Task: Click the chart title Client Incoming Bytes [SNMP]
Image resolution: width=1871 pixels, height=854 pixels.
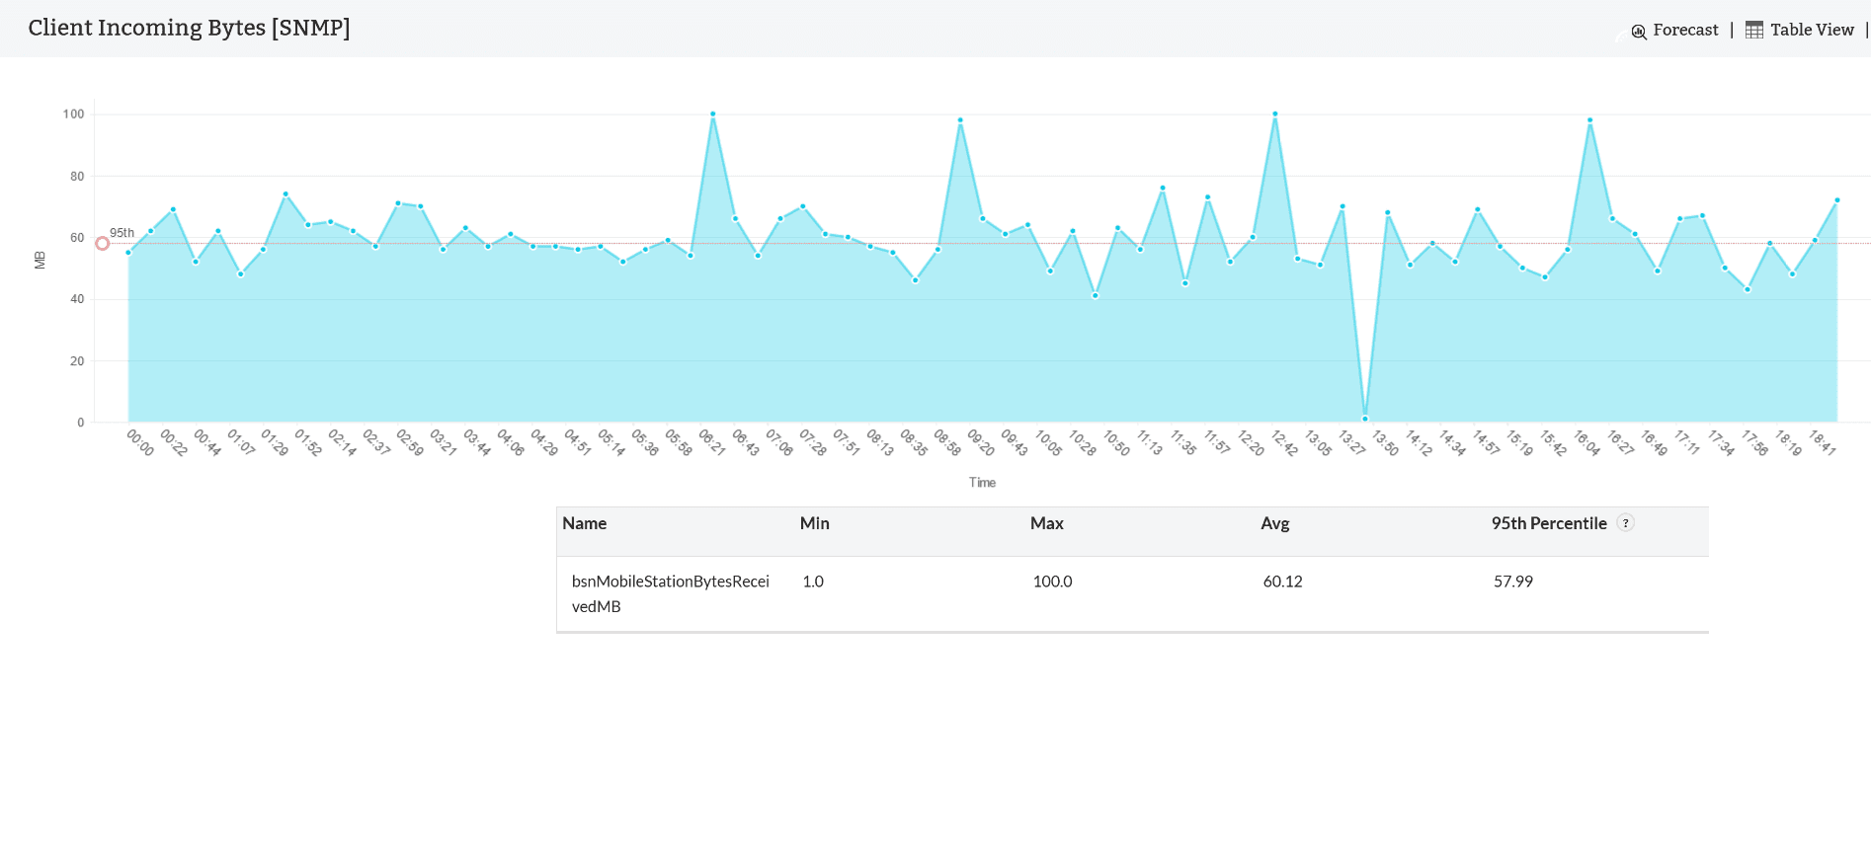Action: tap(189, 28)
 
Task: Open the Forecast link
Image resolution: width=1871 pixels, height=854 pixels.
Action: tap(1684, 31)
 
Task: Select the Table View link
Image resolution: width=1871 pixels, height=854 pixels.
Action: tap(1812, 31)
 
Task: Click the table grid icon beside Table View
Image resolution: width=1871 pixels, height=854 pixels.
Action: tap(1754, 31)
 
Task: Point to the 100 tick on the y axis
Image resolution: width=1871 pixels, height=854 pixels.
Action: tap(74, 115)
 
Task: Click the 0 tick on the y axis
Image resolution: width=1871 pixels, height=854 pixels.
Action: tap(81, 423)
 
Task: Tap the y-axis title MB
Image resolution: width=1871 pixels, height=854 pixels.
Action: tap(41, 260)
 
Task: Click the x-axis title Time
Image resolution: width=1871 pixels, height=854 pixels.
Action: tap(982, 483)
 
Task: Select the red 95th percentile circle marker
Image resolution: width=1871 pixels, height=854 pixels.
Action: tap(102, 243)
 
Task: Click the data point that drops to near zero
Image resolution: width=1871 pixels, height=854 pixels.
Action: tap(1365, 419)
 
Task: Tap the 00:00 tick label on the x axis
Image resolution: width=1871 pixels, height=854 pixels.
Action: tap(140, 442)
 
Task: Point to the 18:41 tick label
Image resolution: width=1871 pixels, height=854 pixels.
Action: tap(1823, 442)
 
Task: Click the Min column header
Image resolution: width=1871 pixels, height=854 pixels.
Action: tap(814, 524)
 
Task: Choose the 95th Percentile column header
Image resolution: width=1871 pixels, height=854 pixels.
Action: tap(1548, 524)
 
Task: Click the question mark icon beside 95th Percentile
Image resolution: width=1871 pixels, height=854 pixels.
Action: tap(1625, 523)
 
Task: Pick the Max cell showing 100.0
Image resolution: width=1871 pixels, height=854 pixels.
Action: tap(1052, 582)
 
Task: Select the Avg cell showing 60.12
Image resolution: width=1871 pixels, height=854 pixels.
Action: tap(1282, 582)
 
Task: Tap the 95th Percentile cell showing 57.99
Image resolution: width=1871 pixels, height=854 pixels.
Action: tap(1512, 582)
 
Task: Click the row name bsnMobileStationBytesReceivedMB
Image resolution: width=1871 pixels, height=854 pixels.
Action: tap(670, 593)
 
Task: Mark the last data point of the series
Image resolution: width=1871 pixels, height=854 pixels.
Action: tap(1837, 200)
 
